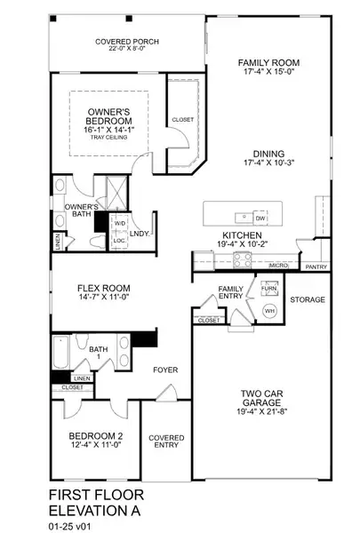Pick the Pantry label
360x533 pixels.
(315, 266)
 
